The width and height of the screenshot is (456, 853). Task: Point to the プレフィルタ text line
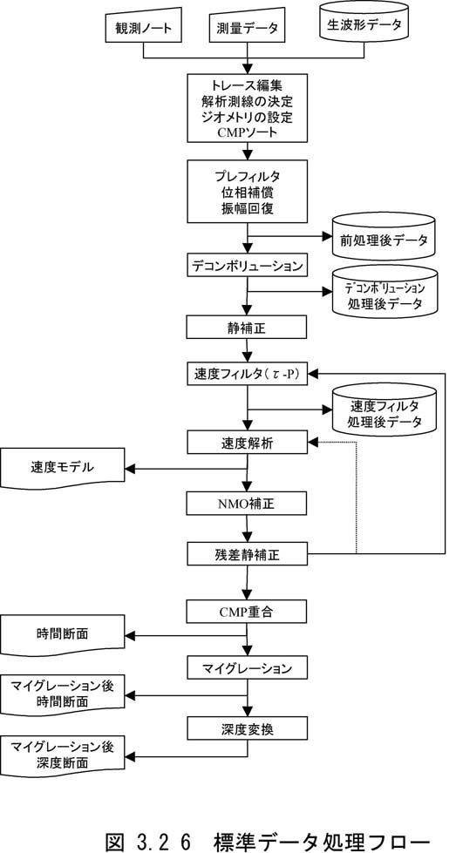coord(248,177)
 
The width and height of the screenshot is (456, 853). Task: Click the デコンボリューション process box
coord(248,267)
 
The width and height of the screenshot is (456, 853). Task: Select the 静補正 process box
coord(248,328)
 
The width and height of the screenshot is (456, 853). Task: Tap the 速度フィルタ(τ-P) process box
coord(248,375)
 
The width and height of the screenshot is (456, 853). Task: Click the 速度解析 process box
coord(248,443)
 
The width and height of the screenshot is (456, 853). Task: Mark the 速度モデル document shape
coord(64,469)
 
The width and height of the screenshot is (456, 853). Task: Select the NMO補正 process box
coord(248,504)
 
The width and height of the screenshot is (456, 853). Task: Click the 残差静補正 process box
coord(248,554)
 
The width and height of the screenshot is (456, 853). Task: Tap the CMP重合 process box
coord(248,612)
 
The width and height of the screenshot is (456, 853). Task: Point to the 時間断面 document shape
coord(64,636)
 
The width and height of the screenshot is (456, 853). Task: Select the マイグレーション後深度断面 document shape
coord(64,755)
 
